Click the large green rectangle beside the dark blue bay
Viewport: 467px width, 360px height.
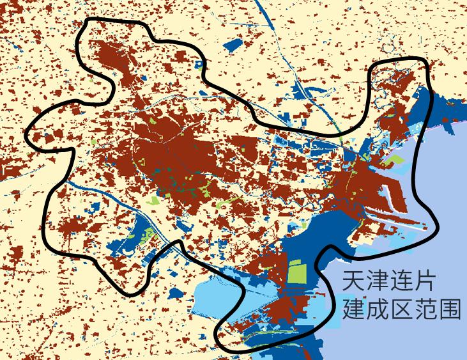coord(297,272)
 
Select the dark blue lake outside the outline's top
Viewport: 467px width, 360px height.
coord(234,46)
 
